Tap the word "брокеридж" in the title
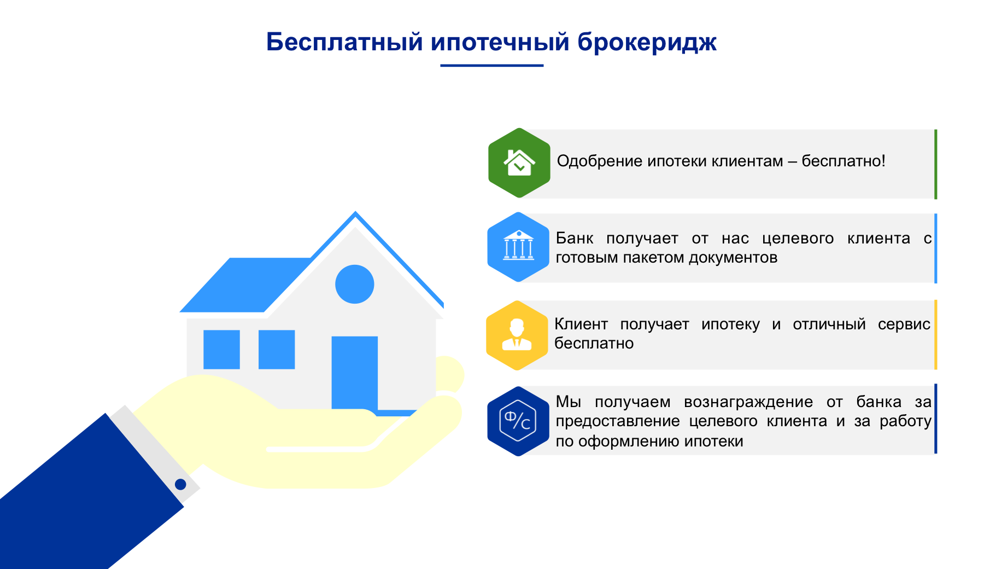(647, 43)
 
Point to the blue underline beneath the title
(491, 66)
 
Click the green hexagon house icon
(519, 163)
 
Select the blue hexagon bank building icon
(518, 247)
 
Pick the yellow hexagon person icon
(517, 335)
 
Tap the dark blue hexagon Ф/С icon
(518, 421)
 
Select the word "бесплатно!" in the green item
(843, 161)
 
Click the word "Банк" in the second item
(574, 239)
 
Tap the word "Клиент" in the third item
(581, 324)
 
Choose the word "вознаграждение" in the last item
(748, 402)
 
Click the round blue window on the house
(354, 284)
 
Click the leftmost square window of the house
(221, 349)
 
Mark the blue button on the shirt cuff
(180, 484)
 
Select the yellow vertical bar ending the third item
(935, 335)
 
